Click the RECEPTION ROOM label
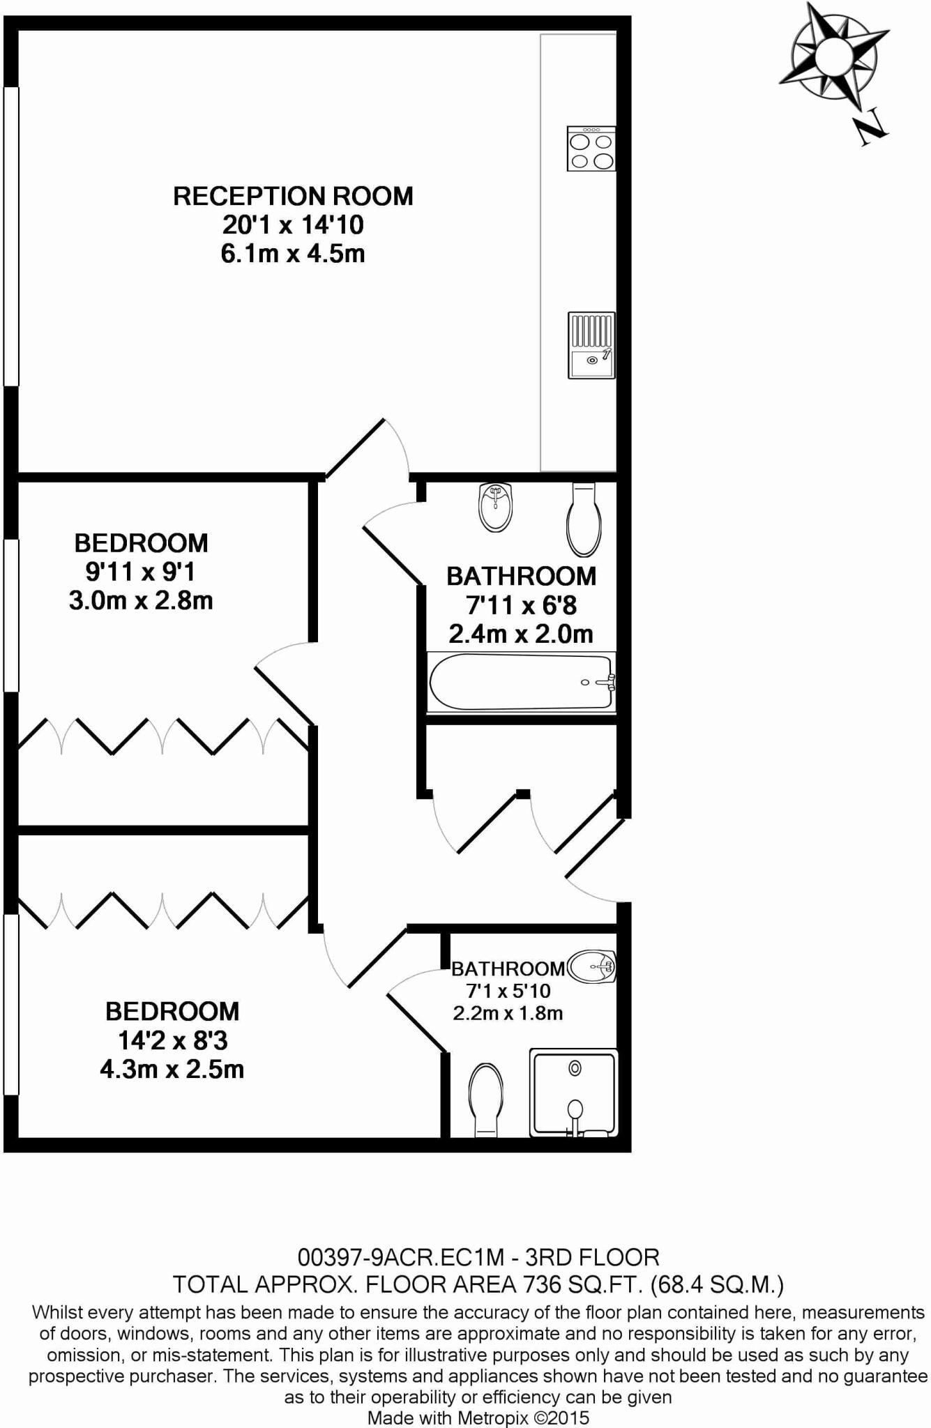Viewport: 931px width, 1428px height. coord(293,196)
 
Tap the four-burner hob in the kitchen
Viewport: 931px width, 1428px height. coord(591,149)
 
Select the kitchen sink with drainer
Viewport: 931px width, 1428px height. coord(591,345)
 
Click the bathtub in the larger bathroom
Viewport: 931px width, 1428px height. coord(521,683)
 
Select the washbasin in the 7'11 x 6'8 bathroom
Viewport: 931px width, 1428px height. coord(496,507)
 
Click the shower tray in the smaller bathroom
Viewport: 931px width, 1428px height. coord(574,1092)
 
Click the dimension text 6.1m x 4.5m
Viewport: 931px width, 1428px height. coord(293,254)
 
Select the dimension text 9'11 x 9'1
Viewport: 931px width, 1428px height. coord(140,572)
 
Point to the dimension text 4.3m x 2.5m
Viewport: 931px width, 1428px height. coord(172,1069)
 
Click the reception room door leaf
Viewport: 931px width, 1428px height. coord(355,449)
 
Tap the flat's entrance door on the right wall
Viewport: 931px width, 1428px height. coord(595,847)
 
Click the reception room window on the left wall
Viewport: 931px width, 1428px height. coord(10,236)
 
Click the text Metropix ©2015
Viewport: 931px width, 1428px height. coord(523,1418)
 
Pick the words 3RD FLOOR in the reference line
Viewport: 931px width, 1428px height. coord(592,1257)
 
